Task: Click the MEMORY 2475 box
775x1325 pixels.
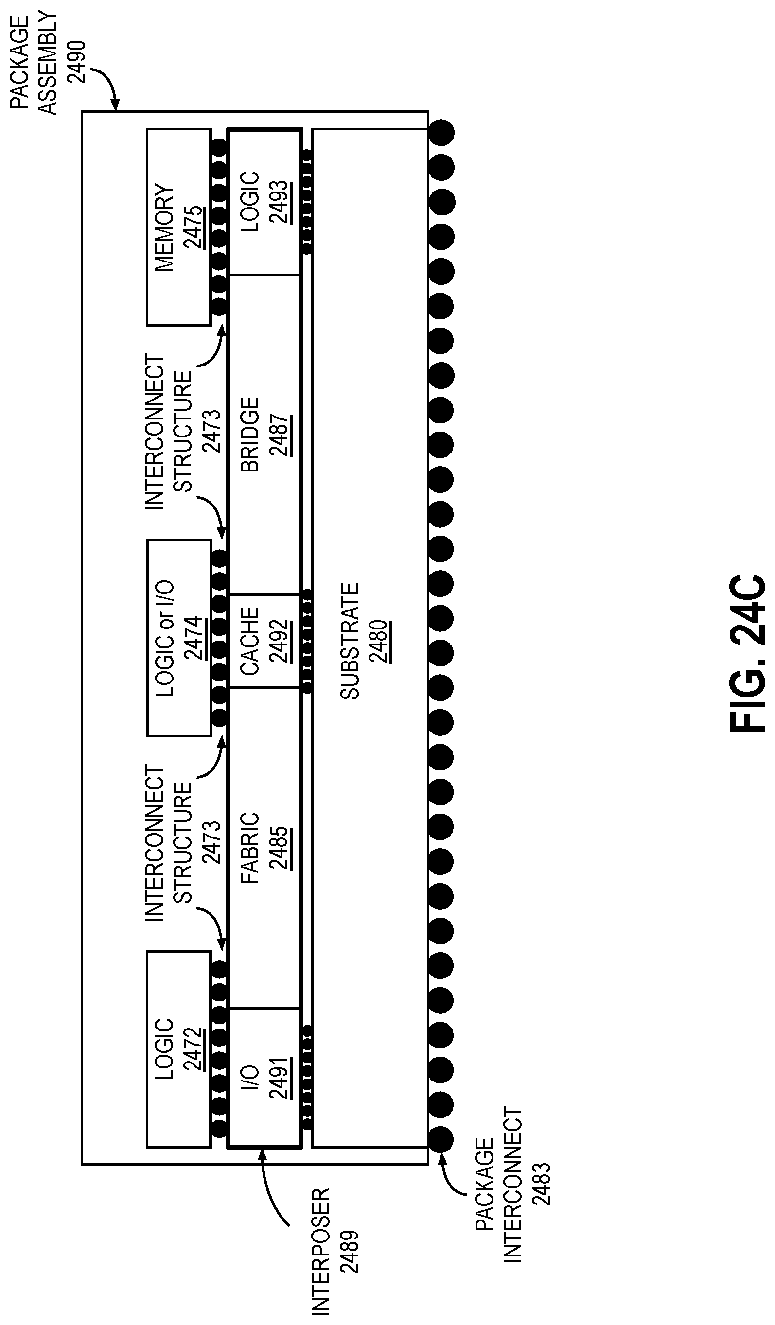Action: point(178,227)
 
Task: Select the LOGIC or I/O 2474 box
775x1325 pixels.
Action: point(179,638)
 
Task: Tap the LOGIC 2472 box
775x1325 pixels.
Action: point(179,1049)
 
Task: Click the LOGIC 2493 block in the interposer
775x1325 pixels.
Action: point(264,202)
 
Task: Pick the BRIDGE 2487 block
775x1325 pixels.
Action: point(264,435)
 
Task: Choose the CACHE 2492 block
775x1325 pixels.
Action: point(264,641)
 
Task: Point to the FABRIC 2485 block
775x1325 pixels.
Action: point(264,848)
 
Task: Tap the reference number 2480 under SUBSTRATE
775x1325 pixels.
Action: point(379,642)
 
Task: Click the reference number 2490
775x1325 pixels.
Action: point(77,62)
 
